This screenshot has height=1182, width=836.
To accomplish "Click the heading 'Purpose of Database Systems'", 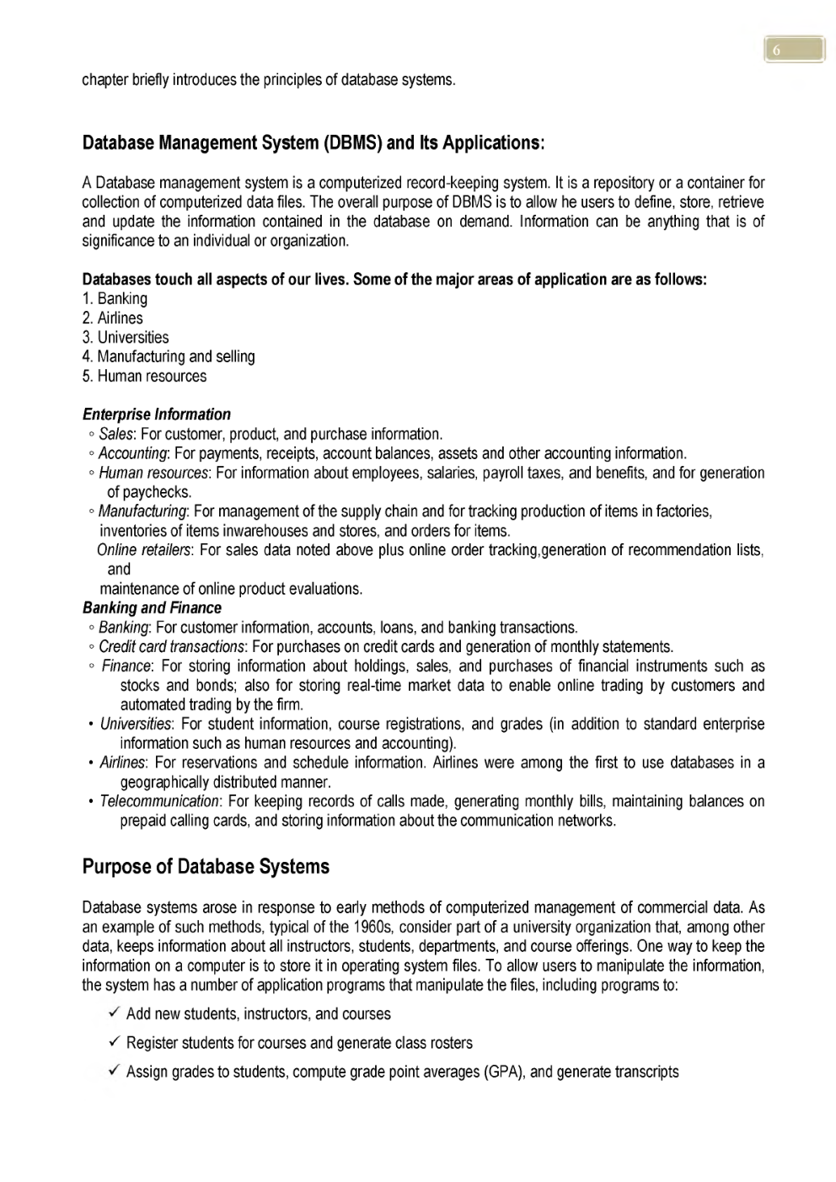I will [x=206, y=867].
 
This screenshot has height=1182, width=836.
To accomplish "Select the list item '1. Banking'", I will [x=115, y=299].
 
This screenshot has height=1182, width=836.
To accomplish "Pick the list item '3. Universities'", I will [x=126, y=338].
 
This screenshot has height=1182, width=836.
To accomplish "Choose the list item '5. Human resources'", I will [x=144, y=377].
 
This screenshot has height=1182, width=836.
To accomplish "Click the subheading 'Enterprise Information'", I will [x=156, y=415].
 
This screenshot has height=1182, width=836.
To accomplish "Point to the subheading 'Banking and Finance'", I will [x=152, y=608].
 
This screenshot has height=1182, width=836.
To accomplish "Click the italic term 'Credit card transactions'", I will [x=171, y=647].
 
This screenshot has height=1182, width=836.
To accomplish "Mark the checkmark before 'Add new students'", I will [x=113, y=1014].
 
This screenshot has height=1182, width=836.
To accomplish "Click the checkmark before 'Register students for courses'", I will [x=113, y=1043].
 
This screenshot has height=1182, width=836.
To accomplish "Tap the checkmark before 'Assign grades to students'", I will [x=113, y=1072].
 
